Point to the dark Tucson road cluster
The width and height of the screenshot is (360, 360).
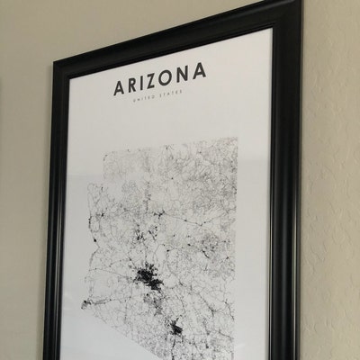point(178,328)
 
